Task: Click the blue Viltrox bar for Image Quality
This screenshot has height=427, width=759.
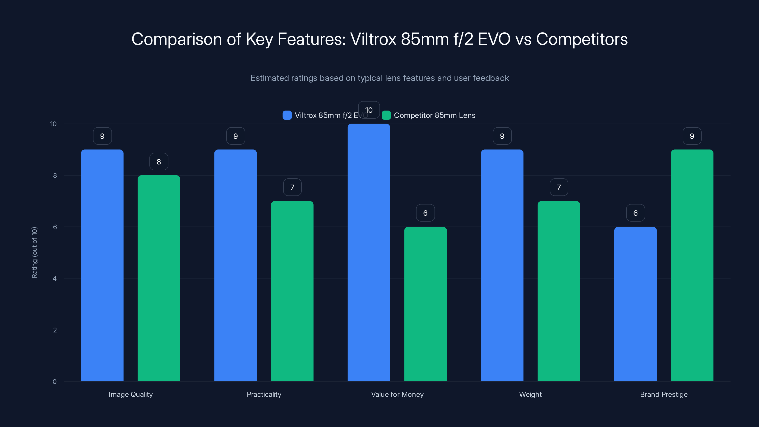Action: [102, 265]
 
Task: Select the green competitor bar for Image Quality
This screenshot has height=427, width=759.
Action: [159, 278]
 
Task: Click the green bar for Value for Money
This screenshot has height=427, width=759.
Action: [425, 304]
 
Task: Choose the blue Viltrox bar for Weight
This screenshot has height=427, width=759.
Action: [502, 265]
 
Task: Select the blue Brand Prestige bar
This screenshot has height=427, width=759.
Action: [635, 304]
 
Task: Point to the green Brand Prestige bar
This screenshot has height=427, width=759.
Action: [692, 265]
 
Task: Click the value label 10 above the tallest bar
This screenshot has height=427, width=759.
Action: [369, 110]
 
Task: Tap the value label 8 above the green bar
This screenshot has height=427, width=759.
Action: [159, 162]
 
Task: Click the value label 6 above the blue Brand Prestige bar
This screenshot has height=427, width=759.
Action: [635, 213]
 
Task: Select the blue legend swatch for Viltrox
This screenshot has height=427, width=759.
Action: [287, 115]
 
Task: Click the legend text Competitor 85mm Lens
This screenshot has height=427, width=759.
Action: [434, 115]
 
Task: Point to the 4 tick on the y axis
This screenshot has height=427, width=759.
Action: [55, 278]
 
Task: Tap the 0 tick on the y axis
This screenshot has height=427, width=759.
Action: [55, 382]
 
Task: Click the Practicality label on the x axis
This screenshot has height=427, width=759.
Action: [264, 394]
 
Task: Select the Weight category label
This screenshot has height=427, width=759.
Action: [530, 394]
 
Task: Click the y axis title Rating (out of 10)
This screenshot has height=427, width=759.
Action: [34, 252]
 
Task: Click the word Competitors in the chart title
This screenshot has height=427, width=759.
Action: [582, 39]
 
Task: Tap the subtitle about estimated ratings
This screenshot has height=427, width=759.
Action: [379, 78]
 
